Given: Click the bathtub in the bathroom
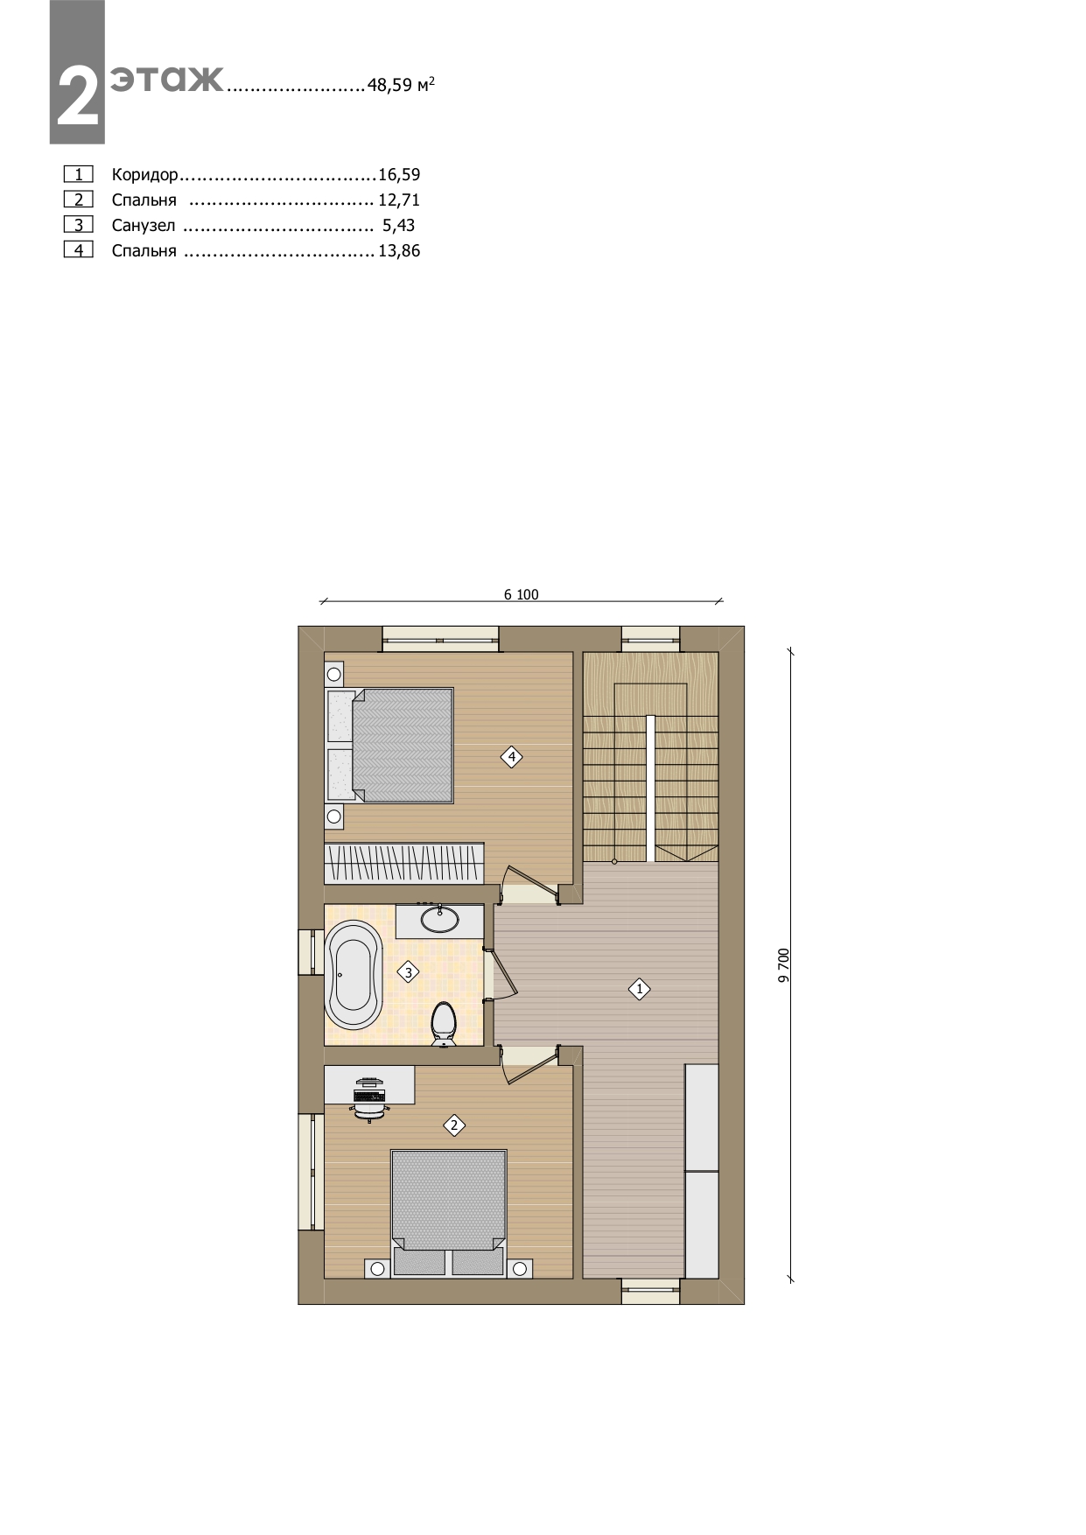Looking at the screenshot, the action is (354, 974).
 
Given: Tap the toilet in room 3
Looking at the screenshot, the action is (445, 1024).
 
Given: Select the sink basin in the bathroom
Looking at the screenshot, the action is (439, 919).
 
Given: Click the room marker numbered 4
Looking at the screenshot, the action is (511, 757).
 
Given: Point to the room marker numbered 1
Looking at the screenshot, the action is (640, 990).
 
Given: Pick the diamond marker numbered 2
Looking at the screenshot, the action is (453, 1125).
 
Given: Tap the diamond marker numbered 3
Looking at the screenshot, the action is (408, 972).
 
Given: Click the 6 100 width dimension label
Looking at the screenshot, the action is (522, 595).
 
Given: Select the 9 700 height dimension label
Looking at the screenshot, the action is (784, 964).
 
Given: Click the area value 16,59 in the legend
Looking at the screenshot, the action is (399, 175).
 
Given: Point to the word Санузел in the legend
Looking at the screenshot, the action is (144, 226).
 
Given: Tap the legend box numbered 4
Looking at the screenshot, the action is (79, 250).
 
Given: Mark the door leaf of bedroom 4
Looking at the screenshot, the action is (530, 880).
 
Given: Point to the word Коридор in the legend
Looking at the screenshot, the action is (145, 175).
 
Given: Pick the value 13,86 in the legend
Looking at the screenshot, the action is (399, 251).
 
